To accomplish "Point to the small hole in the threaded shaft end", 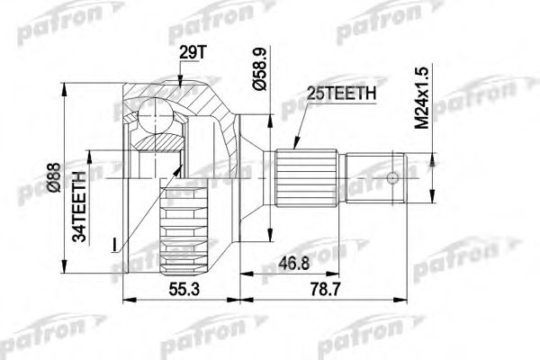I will tap(392, 176).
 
